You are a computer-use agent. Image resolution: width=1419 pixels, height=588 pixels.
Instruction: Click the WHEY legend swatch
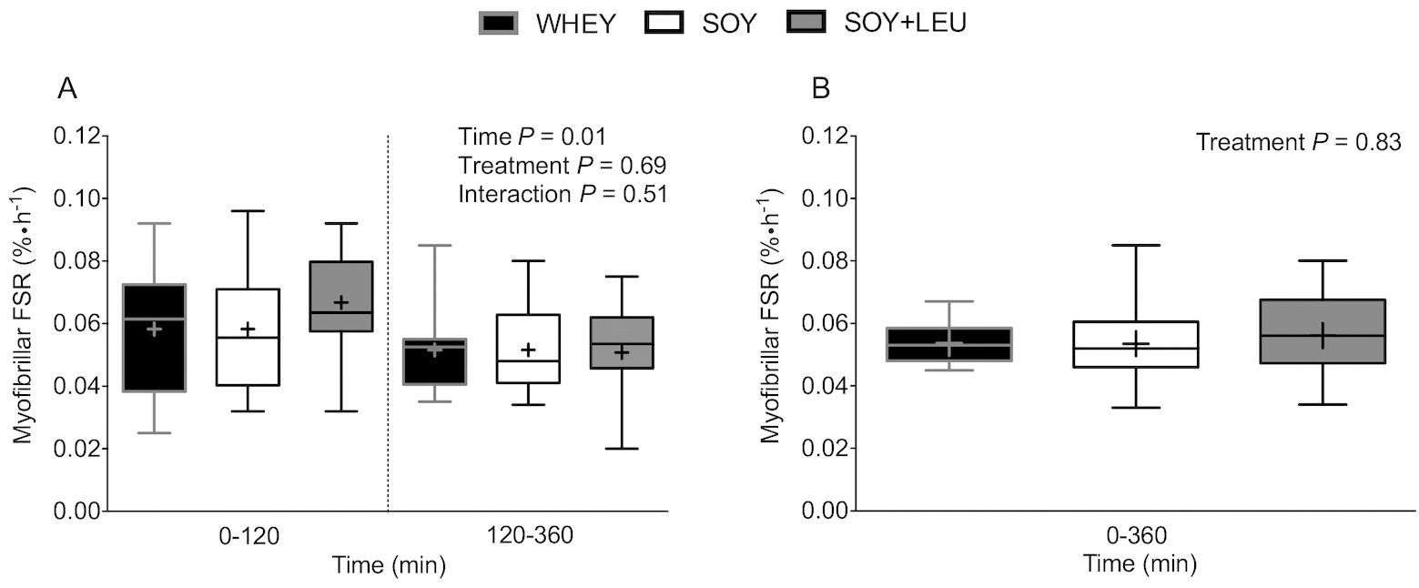[x=498, y=23]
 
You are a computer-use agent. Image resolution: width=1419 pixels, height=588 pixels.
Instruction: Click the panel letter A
[x=66, y=88]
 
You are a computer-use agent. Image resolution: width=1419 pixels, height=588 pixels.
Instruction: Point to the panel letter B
[x=821, y=88]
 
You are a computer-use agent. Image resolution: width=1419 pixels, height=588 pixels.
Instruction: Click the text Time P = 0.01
[x=532, y=137]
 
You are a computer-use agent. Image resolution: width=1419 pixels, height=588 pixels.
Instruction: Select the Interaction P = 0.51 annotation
[x=563, y=194]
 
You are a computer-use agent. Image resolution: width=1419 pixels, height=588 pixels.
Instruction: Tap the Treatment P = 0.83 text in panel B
[x=1298, y=143]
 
